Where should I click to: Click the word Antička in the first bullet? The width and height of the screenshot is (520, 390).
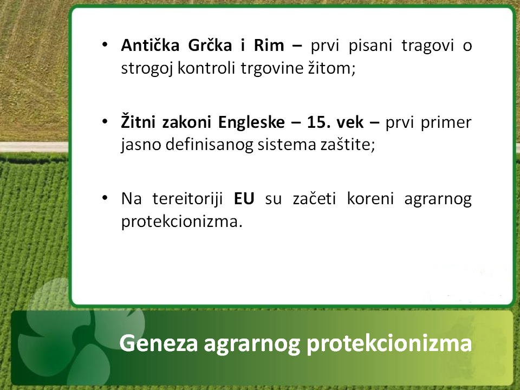(150, 45)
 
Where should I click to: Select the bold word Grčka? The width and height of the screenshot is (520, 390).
(210, 45)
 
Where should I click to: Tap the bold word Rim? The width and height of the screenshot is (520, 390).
(269, 45)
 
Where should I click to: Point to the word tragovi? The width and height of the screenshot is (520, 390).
(427, 46)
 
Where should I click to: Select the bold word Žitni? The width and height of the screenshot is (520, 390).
(138, 122)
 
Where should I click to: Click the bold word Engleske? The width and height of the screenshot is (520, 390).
(251, 122)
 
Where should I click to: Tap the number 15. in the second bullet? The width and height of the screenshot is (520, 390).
(318, 122)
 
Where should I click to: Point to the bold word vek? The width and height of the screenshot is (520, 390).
(350, 122)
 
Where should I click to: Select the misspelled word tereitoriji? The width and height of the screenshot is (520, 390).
(188, 199)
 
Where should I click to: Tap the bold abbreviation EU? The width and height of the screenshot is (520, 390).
(244, 199)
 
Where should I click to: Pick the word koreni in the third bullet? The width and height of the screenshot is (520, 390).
(370, 199)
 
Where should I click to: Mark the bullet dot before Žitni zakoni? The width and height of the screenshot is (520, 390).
(105, 122)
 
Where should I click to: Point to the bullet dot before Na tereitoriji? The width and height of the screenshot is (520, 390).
(105, 198)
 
